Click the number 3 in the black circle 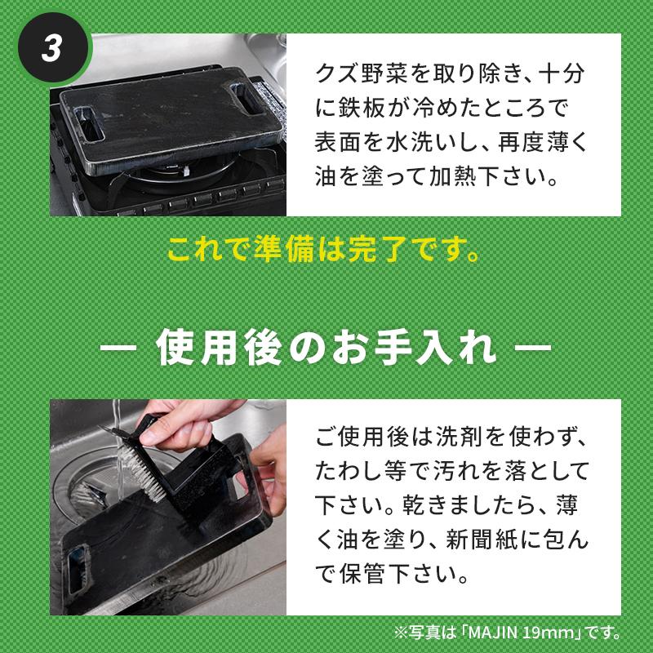[x=51, y=48]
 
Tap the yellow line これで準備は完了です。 [x=323, y=250]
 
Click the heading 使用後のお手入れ [x=326, y=348]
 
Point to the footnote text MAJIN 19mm [x=521, y=633]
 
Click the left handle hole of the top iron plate [x=88, y=122]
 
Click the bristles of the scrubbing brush [x=140, y=470]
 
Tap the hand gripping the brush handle [x=183, y=429]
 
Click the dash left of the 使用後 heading [x=118, y=348]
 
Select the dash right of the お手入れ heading [x=533, y=348]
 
